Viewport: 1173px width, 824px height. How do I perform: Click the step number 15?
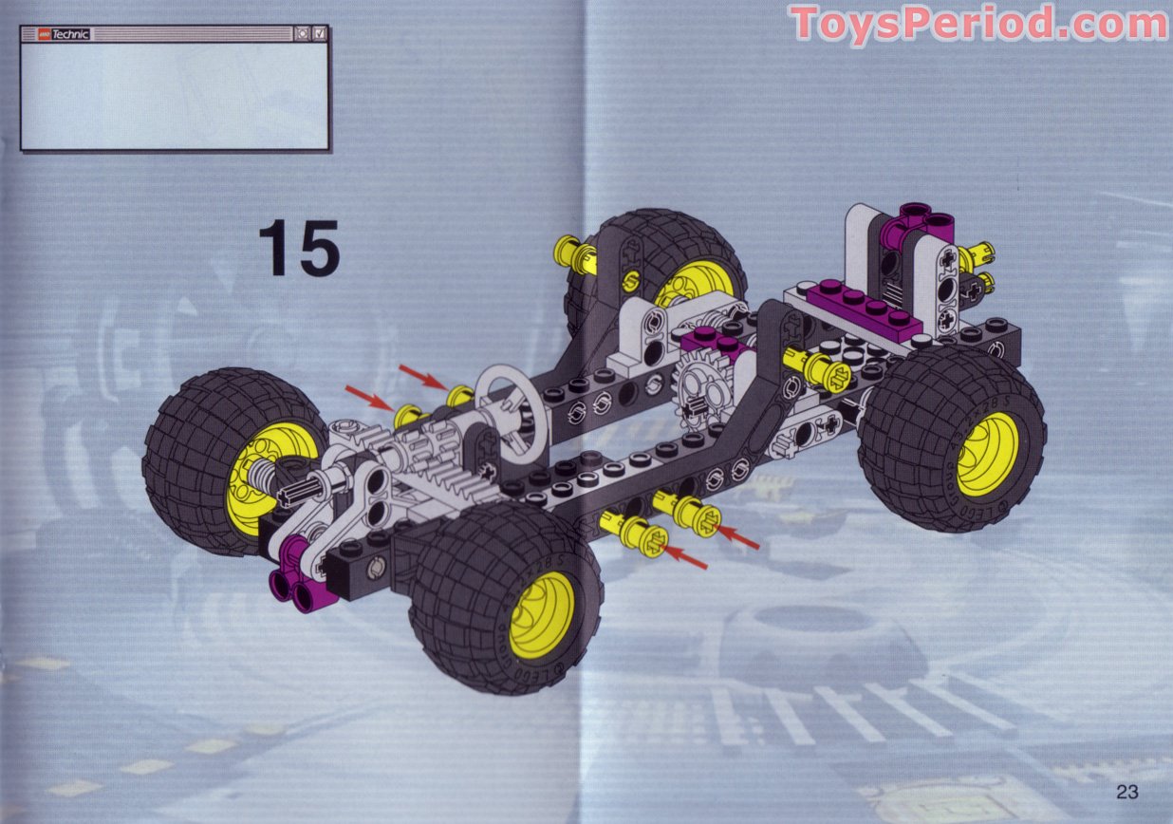pos(298,248)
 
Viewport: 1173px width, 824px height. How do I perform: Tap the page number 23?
pos(1127,792)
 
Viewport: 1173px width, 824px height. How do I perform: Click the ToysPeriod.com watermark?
pos(977,24)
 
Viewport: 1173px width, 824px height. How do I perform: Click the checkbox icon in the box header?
pos(320,33)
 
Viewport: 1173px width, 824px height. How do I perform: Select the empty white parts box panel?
pos(175,95)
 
